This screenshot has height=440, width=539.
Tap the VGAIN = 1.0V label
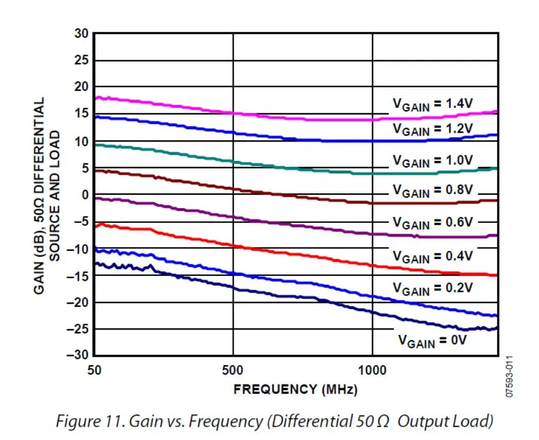[433, 161]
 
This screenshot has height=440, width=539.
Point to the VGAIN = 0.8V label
[433, 191]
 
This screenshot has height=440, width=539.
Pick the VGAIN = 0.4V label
[433, 257]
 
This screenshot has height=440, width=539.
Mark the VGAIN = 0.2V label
[433, 289]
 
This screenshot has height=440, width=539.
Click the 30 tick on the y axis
[81, 34]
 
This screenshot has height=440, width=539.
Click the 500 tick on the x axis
[234, 370]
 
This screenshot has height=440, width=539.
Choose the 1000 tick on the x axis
[372, 370]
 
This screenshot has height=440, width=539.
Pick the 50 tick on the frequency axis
[95, 370]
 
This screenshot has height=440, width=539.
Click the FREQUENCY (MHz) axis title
[295, 390]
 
